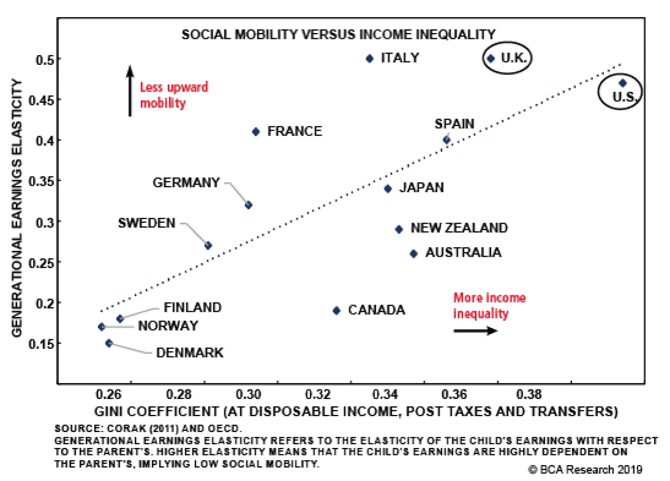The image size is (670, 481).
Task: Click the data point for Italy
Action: [369, 59]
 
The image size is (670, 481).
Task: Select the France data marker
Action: [256, 132]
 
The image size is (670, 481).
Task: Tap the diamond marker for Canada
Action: [336, 310]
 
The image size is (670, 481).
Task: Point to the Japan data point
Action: [388, 189]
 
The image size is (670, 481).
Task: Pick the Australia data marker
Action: [413, 253]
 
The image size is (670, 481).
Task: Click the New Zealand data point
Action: [399, 229]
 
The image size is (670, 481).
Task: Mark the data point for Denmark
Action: [109, 343]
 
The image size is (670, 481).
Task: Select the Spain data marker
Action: [447, 140]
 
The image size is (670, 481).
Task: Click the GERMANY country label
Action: [186, 183]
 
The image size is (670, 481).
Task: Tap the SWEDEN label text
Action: [147, 223]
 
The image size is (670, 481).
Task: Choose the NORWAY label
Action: [168, 326]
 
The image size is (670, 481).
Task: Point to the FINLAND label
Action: [193, 307]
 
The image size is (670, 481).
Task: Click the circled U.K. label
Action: [513, 58]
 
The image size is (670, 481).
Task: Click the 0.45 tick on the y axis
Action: [41, 100]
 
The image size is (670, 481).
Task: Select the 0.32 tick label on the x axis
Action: [318, 394]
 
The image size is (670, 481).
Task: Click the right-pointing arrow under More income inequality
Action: [475, 331]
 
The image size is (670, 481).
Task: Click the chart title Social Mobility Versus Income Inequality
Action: [338, 34]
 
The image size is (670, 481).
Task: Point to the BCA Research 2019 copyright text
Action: [585, 470]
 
